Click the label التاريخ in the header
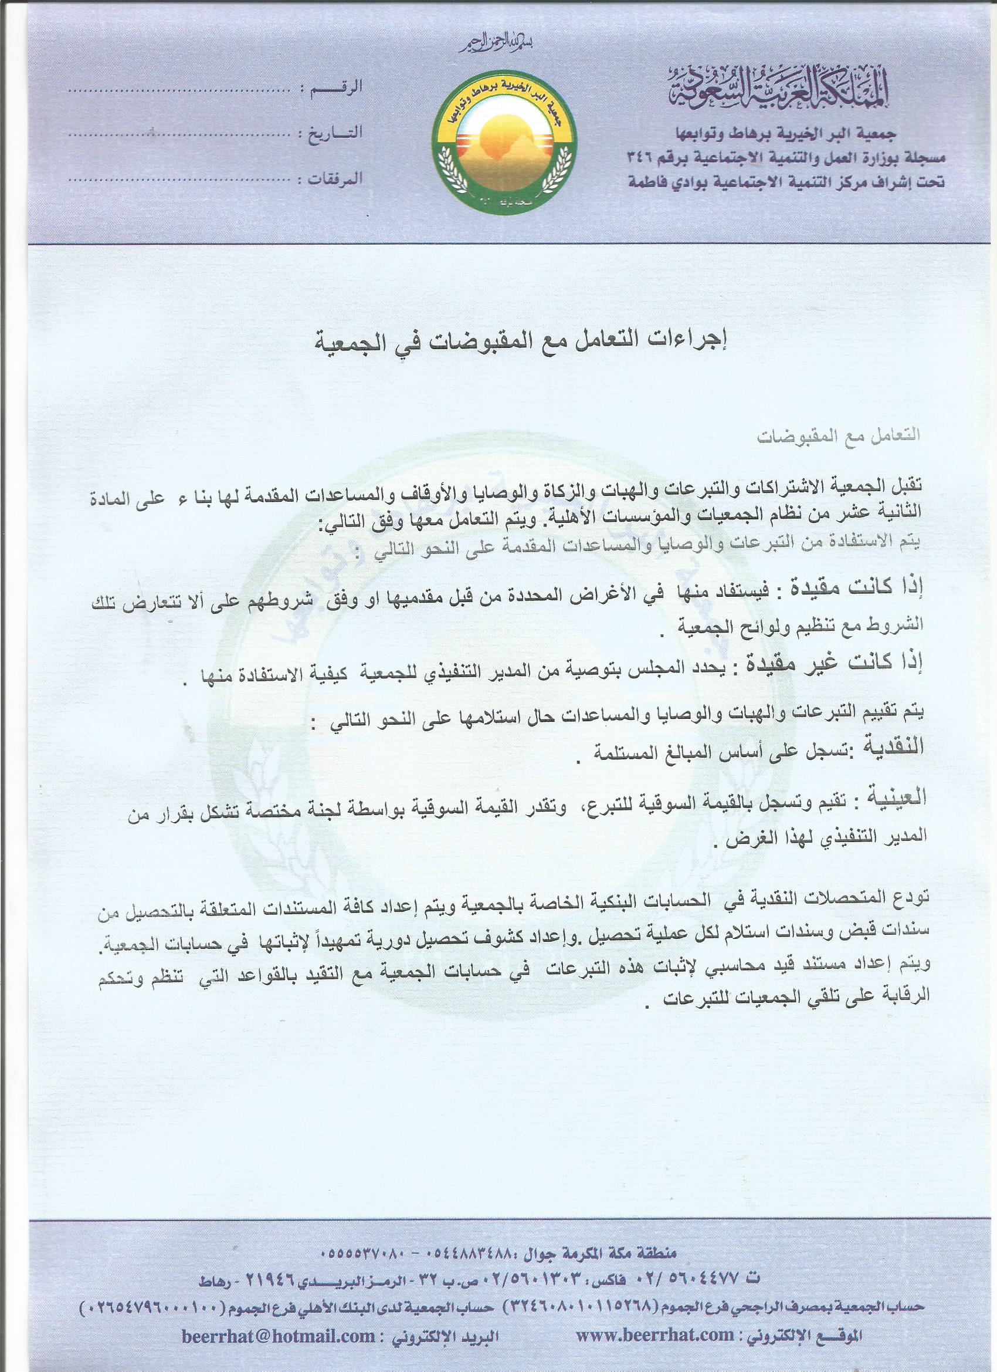pos(330,134)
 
